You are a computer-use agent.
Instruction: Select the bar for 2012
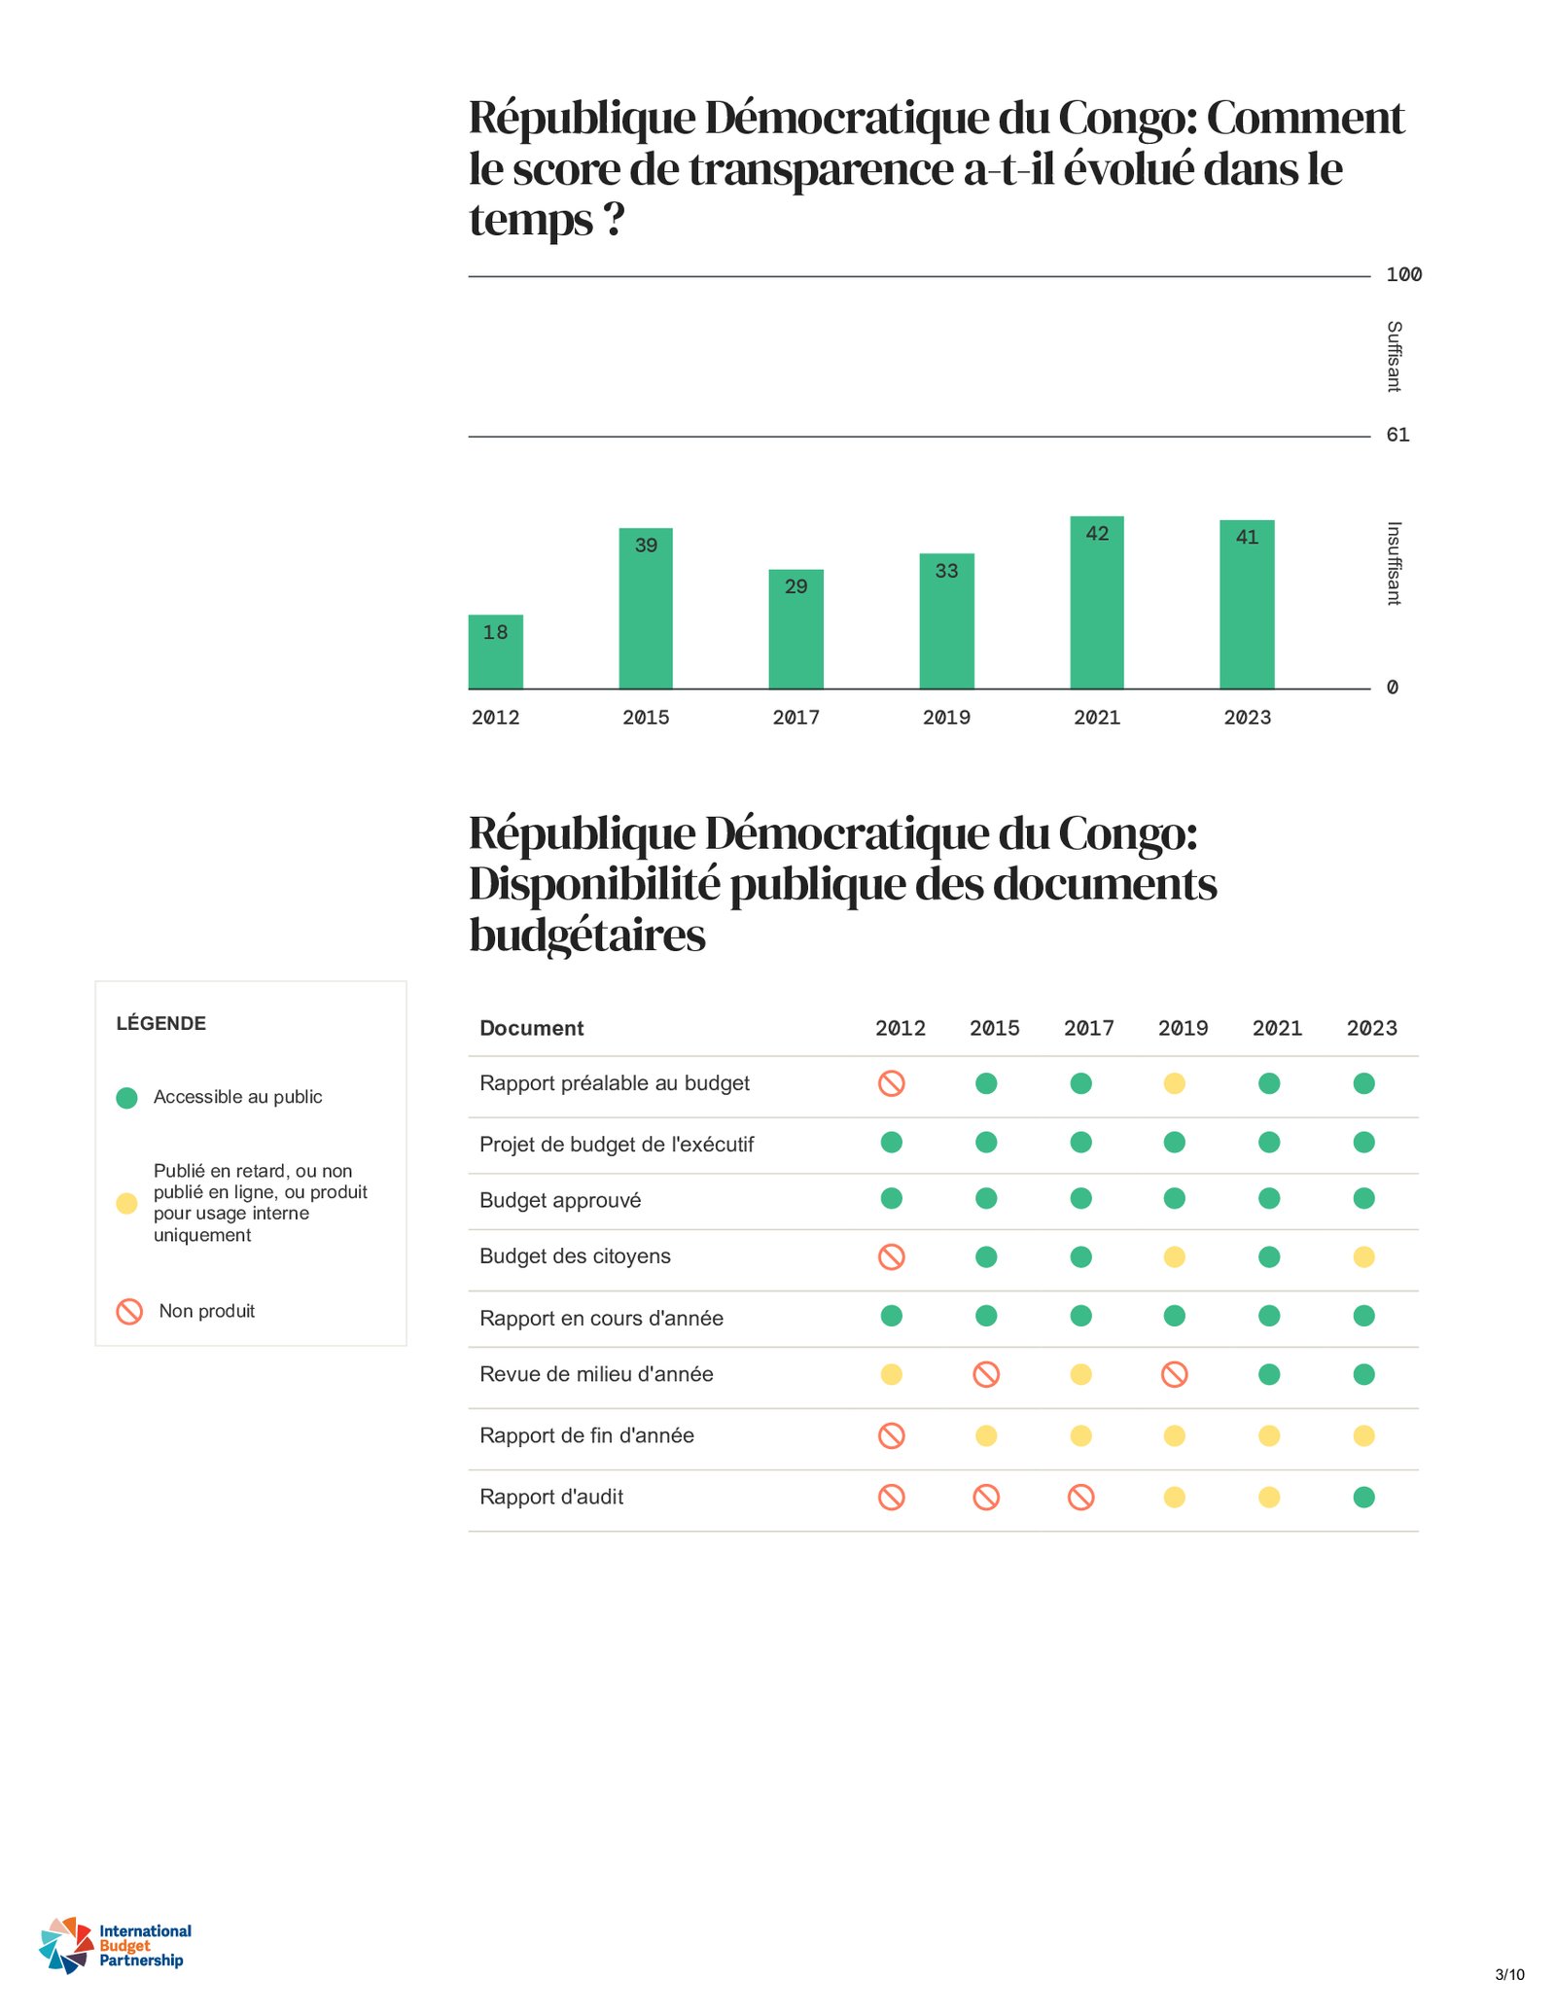(x=495, y=652)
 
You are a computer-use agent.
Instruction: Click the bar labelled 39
(x=646, y=609)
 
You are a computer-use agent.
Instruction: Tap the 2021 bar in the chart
(x=1097, y=603)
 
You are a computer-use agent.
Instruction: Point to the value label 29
(x=796, y=586)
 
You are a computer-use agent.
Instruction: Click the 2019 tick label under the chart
(x=946, y=718)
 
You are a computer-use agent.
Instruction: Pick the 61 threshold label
(x=1397, y=435)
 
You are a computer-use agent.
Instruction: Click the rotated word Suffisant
(x=1394, y=357)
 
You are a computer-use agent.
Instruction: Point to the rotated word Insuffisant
(x=1394, y=564)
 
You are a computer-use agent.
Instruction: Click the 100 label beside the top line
(x=1403, y=275)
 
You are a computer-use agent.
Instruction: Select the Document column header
(x=531, y=1028)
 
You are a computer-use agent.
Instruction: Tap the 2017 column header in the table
(x=1088, y=1028)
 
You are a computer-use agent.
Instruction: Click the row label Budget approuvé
(x=560, y=1200)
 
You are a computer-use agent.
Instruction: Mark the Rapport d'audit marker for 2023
(x=1363, y=1497)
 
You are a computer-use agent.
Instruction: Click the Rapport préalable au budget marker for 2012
(x=892, y=1083)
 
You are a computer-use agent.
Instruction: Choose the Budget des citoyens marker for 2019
(x=1175, y=1257)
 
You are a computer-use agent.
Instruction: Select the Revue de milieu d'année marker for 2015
(x=986, y=1374)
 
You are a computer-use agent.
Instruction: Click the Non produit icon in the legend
(x=129, y=1311)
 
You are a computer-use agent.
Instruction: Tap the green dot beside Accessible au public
(x=126, y=1098)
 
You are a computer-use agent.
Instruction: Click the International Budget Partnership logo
(x=115, y=1945)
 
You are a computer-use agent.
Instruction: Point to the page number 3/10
(x=1509, y=1974)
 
